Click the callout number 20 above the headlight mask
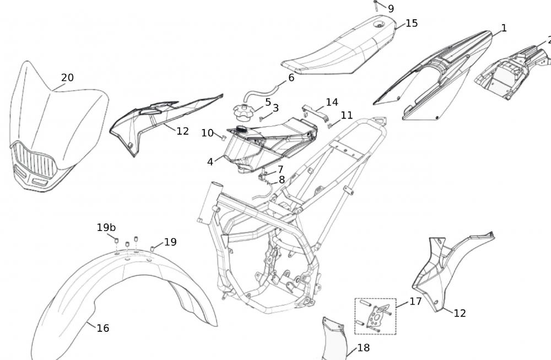(67, 78)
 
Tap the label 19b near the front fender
(106, 227)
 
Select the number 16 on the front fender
(103, 328)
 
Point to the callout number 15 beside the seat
(412, 23)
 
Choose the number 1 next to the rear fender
(504, 28)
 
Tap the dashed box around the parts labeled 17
(375, 316)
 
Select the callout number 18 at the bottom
(364, 348)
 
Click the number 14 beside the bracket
(332, 102)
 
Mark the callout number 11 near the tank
(347, 115)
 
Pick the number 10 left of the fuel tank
(207, 133)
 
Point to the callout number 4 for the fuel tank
(210, 162)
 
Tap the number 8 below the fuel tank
(282, 179)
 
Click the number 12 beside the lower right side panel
(460, 313)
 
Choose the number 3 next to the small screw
(275, 108)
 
